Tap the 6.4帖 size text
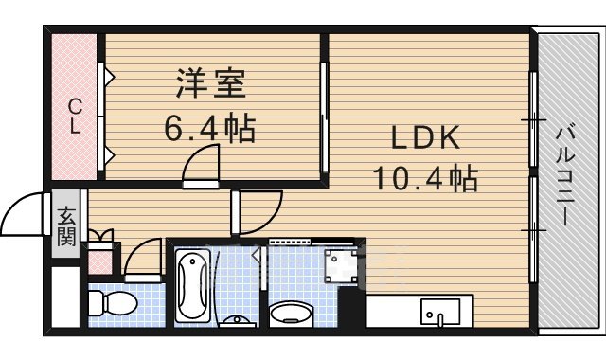tap(210, 129)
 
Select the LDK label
tap(426, 138)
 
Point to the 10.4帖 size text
tap(426, 177)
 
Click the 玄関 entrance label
tap(66, 226)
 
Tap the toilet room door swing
tap(143, 258)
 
